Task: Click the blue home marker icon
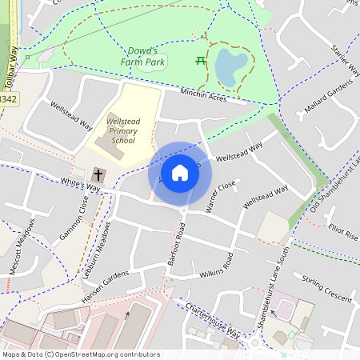point(180,173)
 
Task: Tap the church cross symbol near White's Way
point(99,174)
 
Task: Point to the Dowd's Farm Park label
point(147,55)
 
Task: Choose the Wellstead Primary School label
point(123,130)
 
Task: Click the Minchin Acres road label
point(203,95)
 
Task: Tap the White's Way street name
point(81,186)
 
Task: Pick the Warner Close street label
point(221,197)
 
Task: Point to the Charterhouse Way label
point(212,319)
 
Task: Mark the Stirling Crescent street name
point(327,288)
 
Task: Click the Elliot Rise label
point(343,234)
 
